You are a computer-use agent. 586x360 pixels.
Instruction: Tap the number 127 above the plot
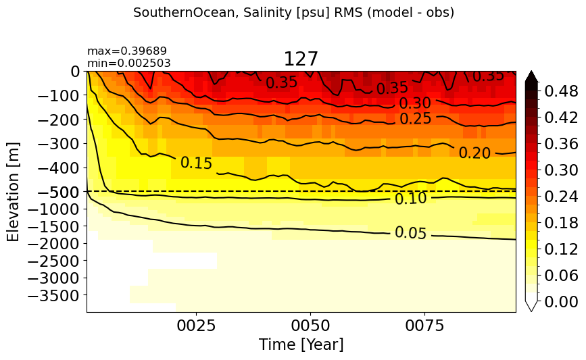pos(301,59)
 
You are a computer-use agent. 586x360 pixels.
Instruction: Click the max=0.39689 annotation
pos(127,51)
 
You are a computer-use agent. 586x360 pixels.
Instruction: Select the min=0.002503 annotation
pos(129,63)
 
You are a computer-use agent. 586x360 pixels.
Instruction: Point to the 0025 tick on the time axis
pos(196,326)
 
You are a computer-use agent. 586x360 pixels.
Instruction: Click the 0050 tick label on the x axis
pos(310,326)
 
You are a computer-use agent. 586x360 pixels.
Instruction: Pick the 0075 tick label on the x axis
pos(425,326)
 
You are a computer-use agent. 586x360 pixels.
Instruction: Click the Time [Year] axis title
pos(301,344)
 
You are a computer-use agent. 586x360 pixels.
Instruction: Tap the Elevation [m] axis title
pos(13,192)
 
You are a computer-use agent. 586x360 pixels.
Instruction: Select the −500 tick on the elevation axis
pos(59,192)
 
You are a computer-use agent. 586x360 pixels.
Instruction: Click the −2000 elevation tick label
pos(54,243)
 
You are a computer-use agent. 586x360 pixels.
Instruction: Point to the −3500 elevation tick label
pos(54,295)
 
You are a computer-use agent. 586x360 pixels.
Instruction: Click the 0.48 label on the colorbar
pos(561,91)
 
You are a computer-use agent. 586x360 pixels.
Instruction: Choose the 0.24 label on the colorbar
pos(561,196)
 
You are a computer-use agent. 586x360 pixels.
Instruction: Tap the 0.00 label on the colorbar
pos(561,301)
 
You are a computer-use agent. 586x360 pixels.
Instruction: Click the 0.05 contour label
pos(410,233)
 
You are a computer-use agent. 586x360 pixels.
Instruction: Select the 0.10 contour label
pos(410,199)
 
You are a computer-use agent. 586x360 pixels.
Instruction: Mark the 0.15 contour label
pos(196,163)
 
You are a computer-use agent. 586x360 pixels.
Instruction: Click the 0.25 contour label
pos(416,119)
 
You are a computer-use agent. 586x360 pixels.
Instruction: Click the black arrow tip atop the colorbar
pos(531,71)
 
